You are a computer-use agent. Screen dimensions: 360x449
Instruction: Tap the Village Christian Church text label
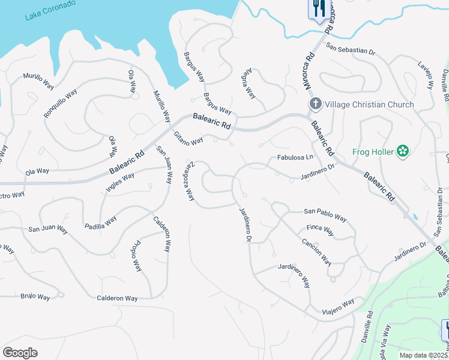point(369,104)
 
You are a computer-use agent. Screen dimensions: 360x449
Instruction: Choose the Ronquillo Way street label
point(60,104)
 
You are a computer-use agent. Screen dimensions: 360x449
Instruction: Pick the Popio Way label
point(136,257)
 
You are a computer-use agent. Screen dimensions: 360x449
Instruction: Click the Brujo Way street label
point(35,296)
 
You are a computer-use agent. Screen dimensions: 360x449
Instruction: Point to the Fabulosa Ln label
point(295,158)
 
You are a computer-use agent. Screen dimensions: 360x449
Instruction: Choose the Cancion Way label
point(316,252)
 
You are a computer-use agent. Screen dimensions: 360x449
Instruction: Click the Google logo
point(20,353)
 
